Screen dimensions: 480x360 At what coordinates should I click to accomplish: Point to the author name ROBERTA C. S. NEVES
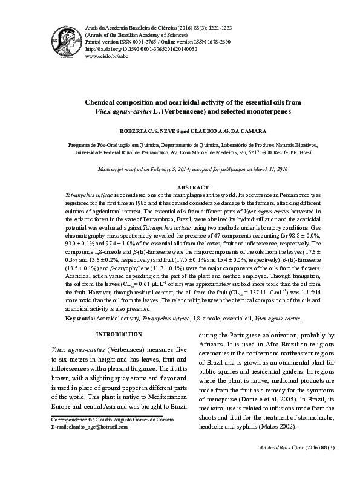coord(154,130)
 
